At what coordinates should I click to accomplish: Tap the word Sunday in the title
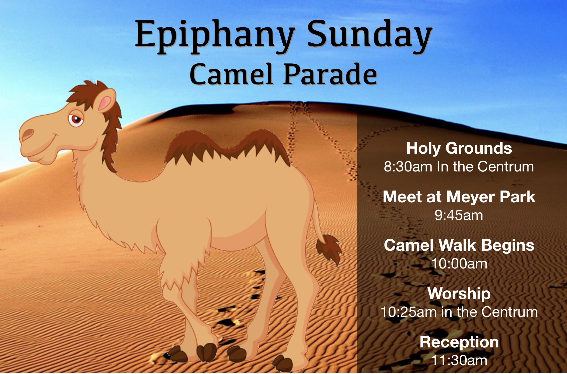(370, 36)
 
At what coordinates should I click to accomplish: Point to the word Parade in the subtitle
(330, 74)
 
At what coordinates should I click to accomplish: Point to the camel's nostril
(28, 134)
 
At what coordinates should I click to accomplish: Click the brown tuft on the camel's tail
(328, 248)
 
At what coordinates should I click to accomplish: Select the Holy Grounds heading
(459, 148)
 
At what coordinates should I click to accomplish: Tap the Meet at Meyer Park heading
(459, 197)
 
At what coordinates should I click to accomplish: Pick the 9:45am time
(459, 215)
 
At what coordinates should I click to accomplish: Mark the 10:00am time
(459, 264)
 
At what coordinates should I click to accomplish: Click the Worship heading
(459, 294)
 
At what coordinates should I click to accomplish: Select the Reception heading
(459, 342)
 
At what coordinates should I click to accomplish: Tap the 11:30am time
(459, 360)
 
